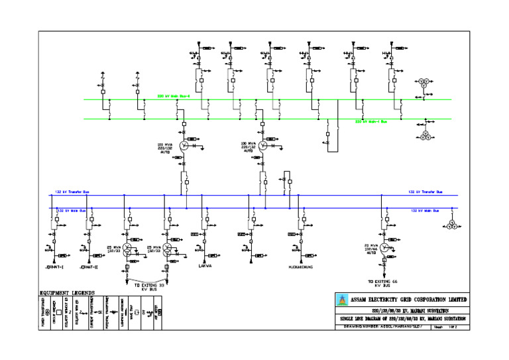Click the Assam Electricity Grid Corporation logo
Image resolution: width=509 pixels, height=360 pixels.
pos(343,300)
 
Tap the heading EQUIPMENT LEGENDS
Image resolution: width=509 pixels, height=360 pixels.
pos(67,292)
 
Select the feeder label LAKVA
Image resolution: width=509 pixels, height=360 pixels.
pos(205,267)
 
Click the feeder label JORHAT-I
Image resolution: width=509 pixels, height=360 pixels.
pos(53,267)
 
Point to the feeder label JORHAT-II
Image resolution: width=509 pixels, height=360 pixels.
pos(88,267)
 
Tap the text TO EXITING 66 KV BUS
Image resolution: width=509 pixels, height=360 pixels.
pos(385,284)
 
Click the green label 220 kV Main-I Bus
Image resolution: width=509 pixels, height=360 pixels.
pos(371,122)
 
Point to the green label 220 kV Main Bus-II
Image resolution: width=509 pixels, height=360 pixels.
pos(174,96)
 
